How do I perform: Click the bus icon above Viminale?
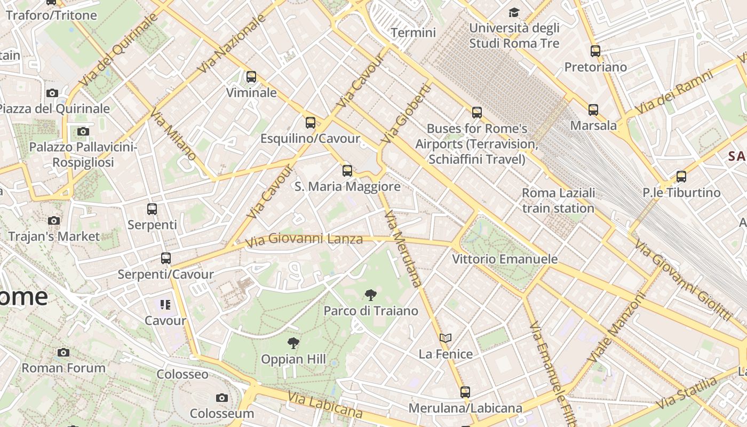251,77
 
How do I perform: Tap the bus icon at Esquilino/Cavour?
311,123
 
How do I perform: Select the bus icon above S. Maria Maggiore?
347,171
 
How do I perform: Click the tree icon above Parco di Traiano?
370,295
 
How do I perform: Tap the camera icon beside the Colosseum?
222,398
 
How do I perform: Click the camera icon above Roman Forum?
63,352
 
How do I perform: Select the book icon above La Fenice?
446,338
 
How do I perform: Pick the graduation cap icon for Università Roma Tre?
514,12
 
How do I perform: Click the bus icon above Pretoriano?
595,51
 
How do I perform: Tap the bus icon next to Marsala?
593,110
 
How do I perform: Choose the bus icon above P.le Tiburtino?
681,177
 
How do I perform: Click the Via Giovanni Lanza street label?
304,240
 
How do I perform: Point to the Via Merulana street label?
403,249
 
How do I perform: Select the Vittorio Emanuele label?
505,259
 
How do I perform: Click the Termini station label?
413,33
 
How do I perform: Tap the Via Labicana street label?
325,405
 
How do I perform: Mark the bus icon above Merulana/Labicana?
465,392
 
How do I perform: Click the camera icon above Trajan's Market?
54,220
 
